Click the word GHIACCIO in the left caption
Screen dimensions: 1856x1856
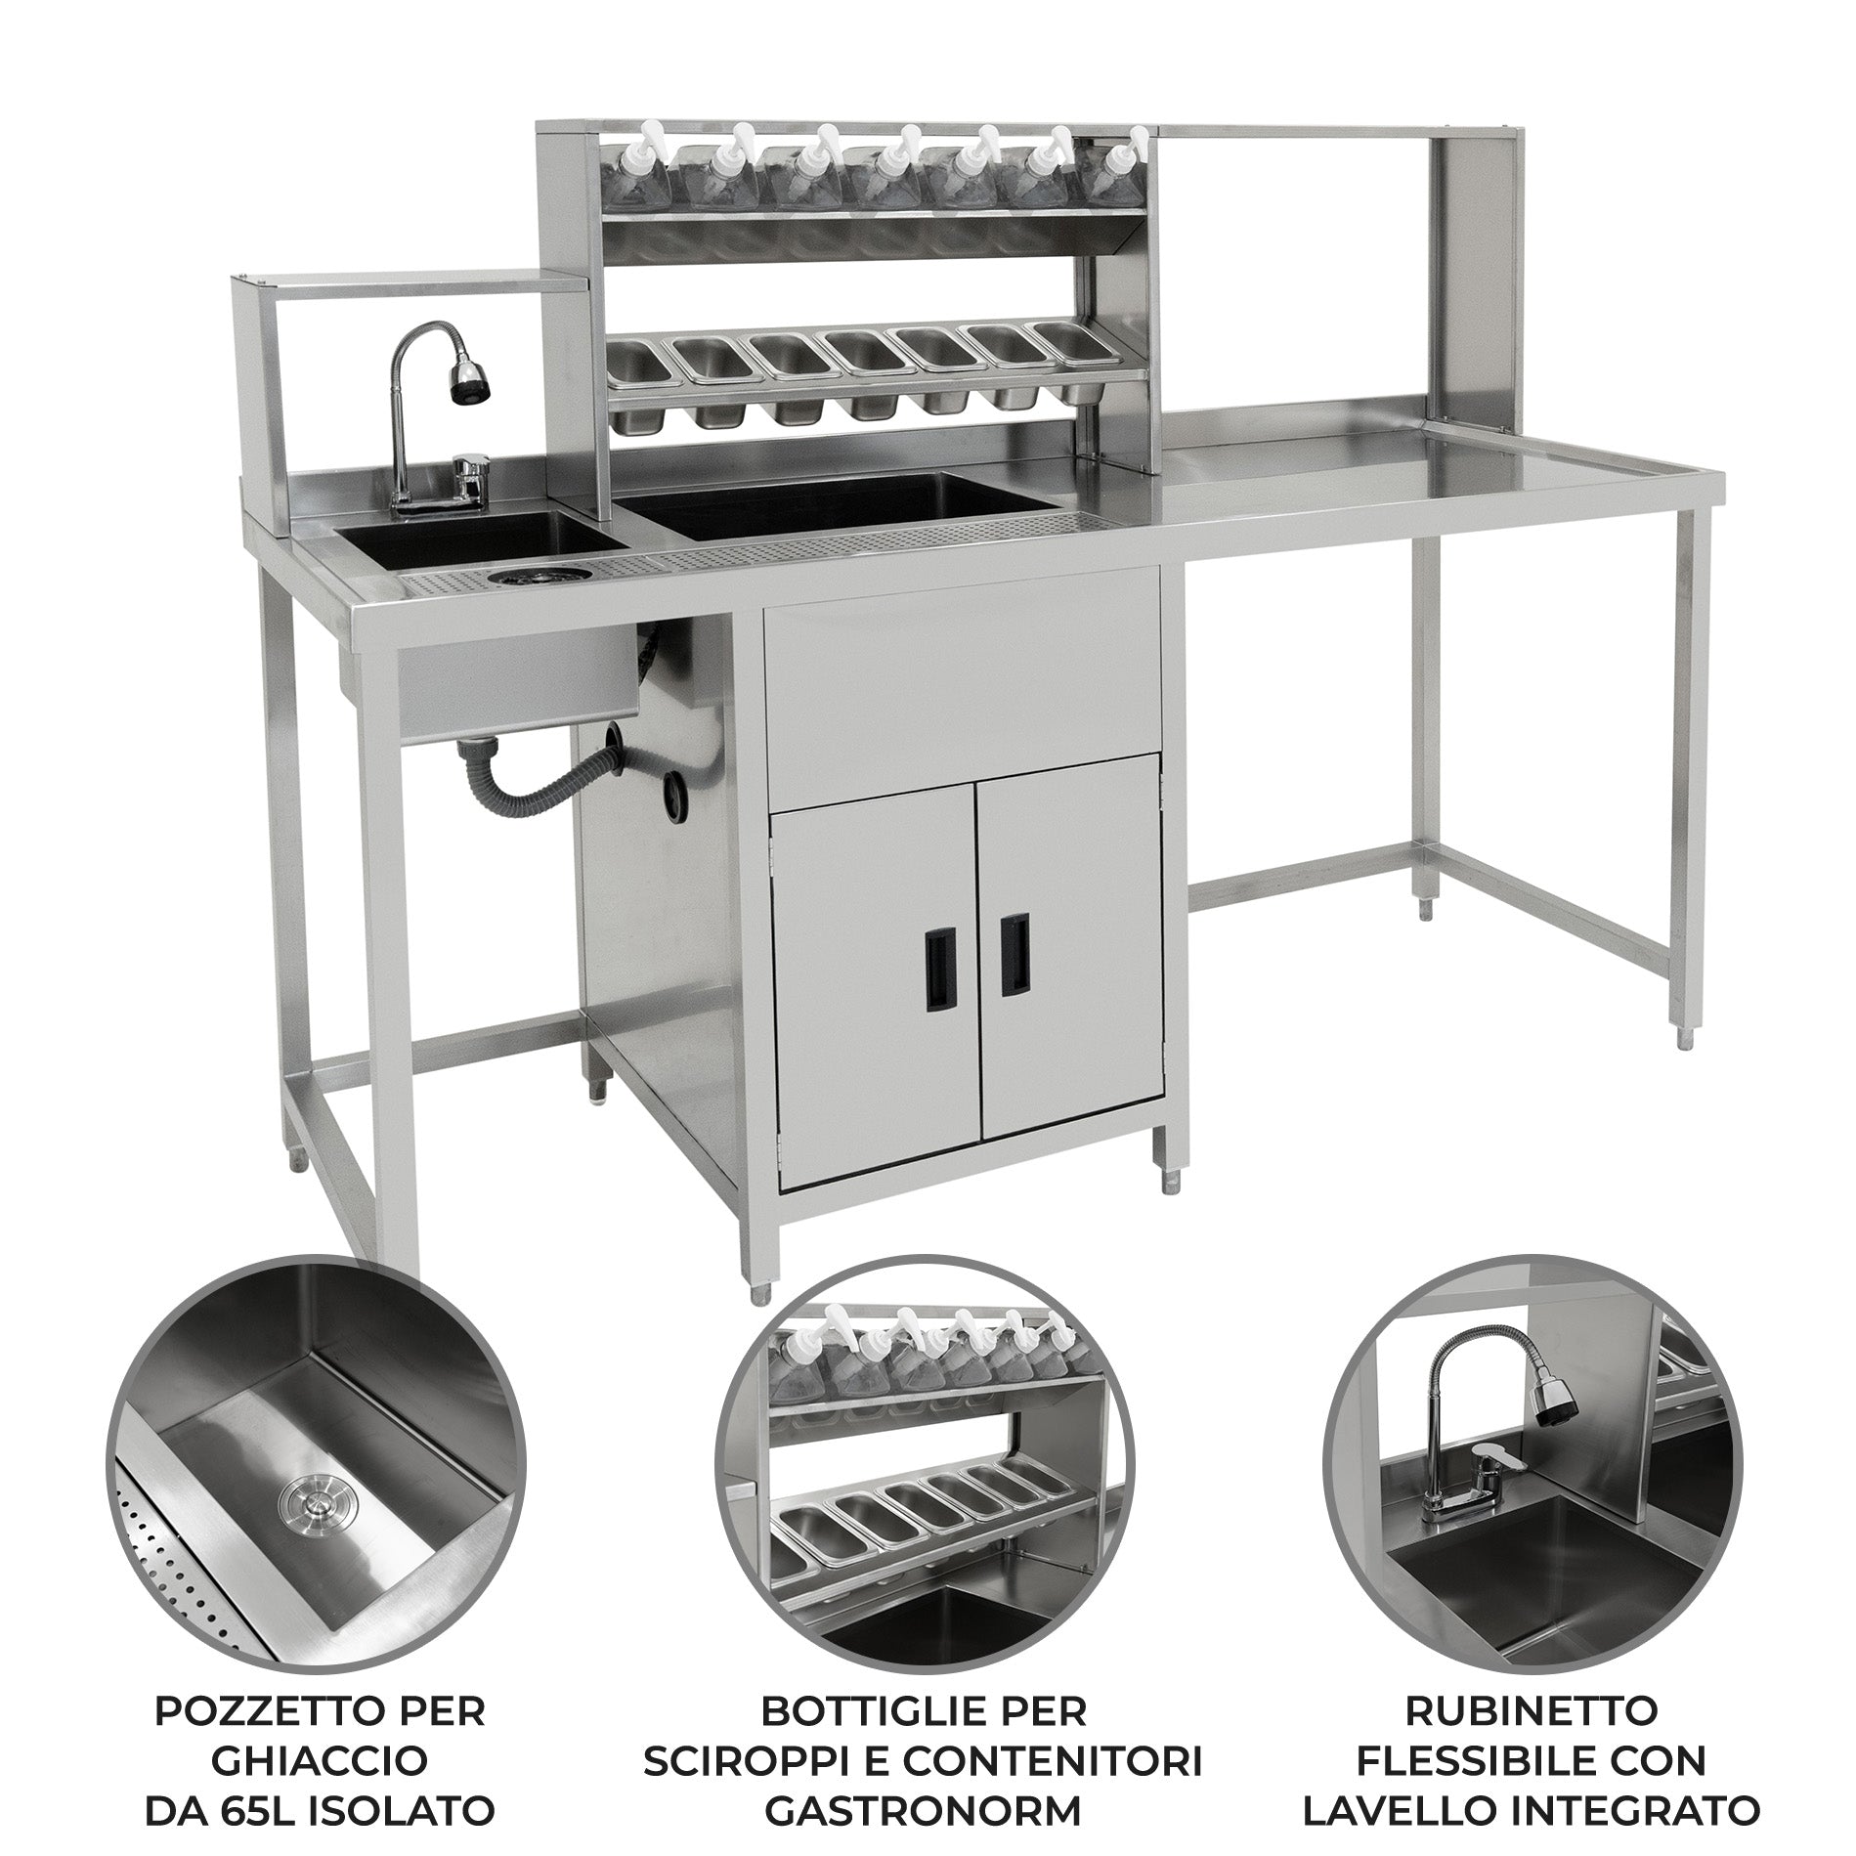point(320,1707)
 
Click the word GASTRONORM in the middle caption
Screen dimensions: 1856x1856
point(924,1757)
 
